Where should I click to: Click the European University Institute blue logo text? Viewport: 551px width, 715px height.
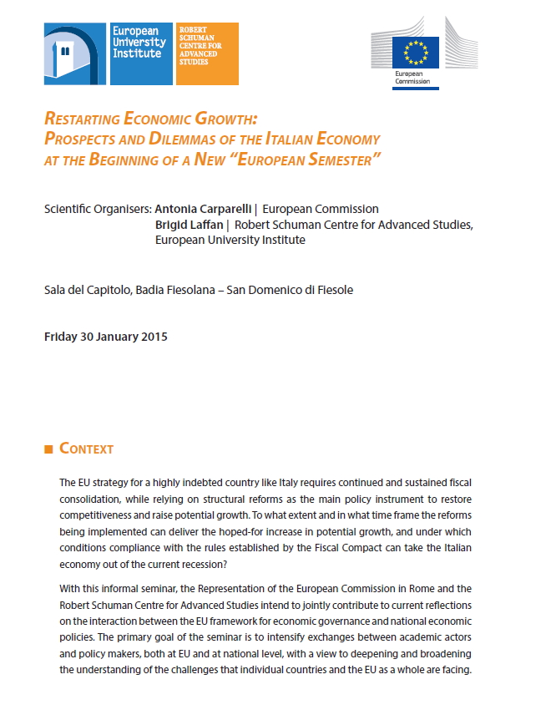[139, 43]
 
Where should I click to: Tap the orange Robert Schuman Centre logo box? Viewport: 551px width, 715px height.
[206, 53]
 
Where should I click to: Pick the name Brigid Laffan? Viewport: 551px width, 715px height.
[192, 225]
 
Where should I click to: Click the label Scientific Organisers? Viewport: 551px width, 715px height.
[98, 209]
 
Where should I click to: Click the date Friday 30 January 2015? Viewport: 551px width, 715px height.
[105, 337]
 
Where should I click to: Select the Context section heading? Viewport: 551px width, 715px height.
[86, 449]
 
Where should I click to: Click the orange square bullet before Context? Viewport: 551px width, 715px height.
[48, 449]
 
